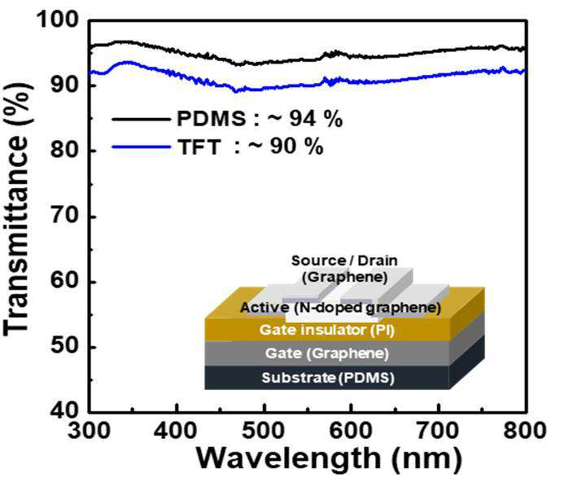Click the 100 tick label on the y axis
57,19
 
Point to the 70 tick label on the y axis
64,215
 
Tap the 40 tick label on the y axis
64,410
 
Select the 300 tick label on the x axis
89,431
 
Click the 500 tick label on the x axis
263,431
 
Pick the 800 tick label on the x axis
525,431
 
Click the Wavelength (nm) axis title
330,459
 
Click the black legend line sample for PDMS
141,119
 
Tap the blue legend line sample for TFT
141,147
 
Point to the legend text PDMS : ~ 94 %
260,119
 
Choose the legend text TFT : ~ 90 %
251,147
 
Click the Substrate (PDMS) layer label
328,378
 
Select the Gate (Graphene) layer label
327,353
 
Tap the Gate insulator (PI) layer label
327,330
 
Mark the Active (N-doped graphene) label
340,308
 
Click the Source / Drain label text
344,261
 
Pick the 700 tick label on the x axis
438,431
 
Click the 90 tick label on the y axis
64,84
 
